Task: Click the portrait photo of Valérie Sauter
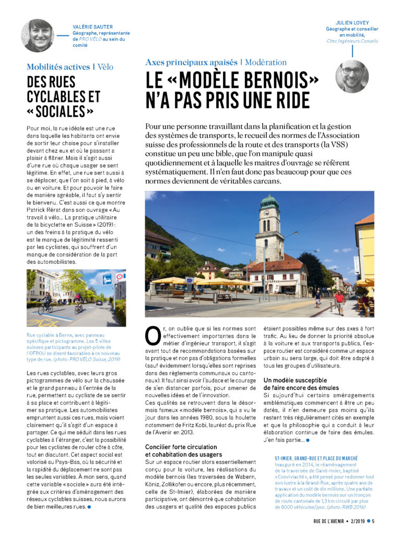(x=37, y=36)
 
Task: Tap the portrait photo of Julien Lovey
(x=351, y=76)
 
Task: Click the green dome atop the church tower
(x=269, y=201)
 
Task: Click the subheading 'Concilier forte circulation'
(x=181, y=447)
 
